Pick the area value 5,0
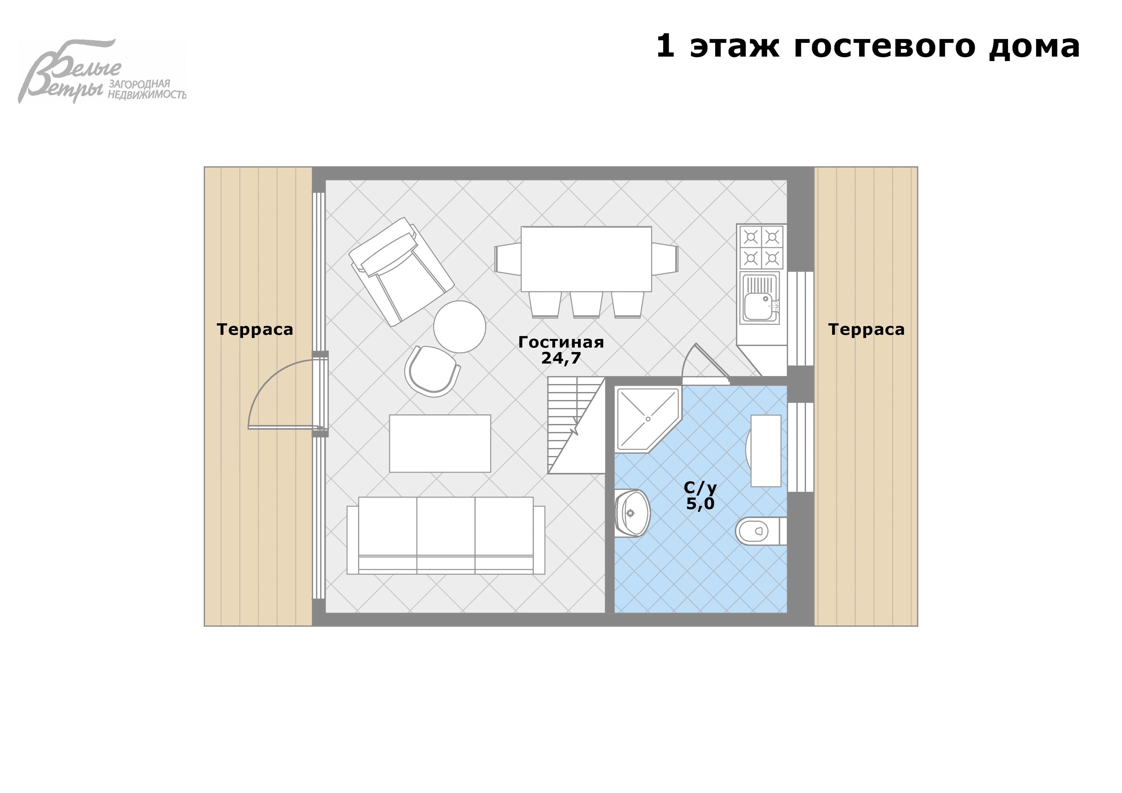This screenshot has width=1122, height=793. point(700,504)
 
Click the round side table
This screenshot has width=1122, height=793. point(459,327)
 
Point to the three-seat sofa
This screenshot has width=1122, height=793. point(446,536)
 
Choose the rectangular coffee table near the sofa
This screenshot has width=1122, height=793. point(440,444)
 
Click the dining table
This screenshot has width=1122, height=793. point(586,259)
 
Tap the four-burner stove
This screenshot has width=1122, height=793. point(761,247)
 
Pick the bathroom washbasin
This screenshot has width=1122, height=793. point(632,513)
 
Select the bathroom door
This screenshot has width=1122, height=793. point(704,364)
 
